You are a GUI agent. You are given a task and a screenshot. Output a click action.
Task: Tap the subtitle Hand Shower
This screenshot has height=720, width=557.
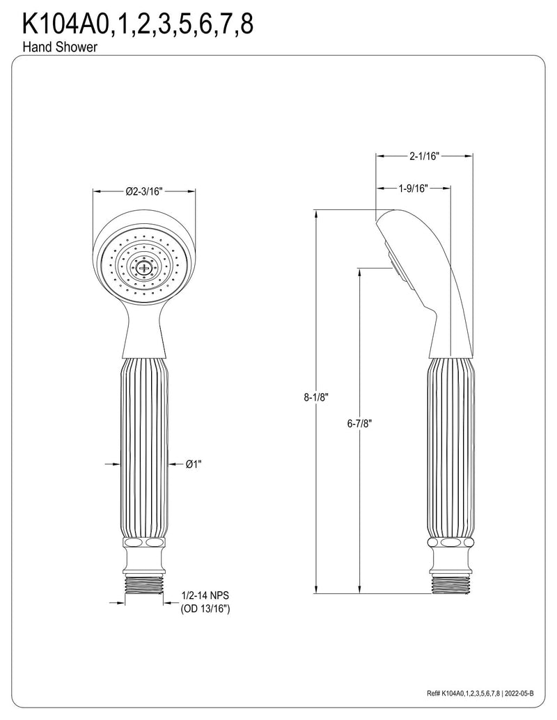click(59, 47)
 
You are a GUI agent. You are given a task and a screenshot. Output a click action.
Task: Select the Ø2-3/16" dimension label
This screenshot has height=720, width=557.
click(144, 191)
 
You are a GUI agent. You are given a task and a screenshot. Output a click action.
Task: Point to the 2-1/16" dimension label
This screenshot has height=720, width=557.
click(425, 156)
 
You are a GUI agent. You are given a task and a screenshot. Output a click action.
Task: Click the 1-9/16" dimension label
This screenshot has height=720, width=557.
click(413, 188)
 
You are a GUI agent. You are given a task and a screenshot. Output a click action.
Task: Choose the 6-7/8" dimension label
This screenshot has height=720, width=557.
click(359, 424)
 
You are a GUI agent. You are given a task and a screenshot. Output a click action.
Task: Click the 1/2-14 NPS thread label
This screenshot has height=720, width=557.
click(205, 595)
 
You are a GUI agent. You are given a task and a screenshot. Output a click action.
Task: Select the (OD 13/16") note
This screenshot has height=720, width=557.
click(205, 609)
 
